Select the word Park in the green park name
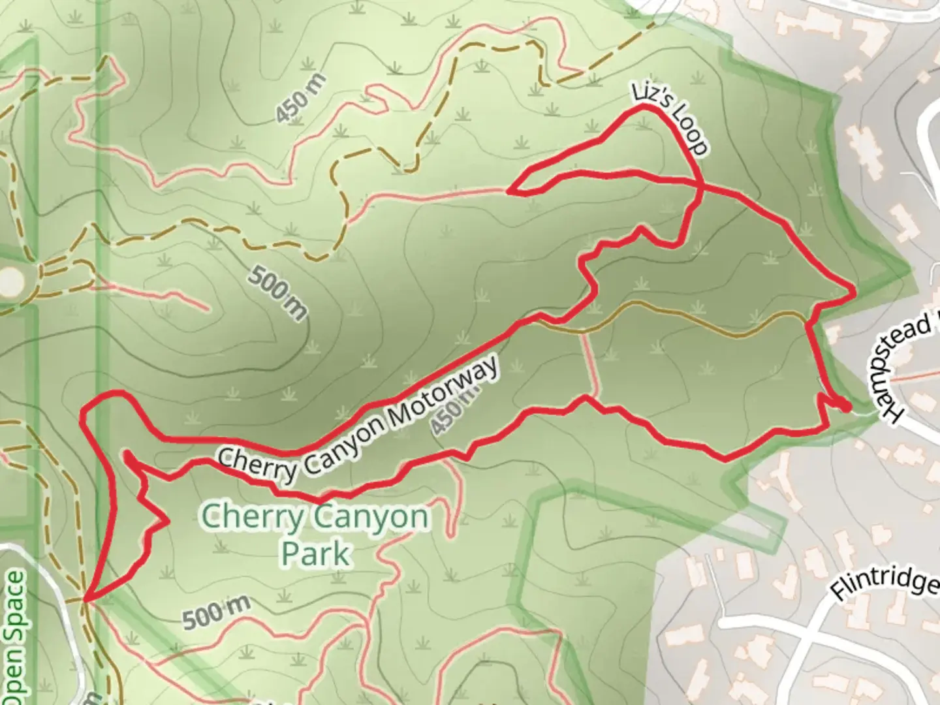(x=315, y=554)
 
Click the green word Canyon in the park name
(x=371, y=518)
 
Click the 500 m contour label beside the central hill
(x=277, y=293)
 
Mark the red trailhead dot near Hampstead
(x=846, y=407)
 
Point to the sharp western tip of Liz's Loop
(x=510, y=191)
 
